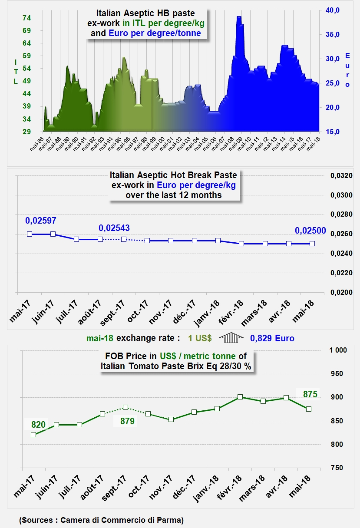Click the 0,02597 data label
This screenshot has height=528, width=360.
click(41, 221)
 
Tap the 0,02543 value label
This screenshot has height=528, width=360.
click(114, 228)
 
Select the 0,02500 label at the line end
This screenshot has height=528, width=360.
click(310, 231)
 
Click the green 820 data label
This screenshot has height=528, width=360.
click(38, 425)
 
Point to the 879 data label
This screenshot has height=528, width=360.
click(127, 421)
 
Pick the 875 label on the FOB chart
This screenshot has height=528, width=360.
click(310, 394)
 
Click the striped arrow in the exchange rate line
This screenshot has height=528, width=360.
click(231, 337)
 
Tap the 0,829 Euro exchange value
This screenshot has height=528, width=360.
click(272, 338)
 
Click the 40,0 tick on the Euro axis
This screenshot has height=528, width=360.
click(332, 10)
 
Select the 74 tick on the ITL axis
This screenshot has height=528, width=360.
click(26, 18)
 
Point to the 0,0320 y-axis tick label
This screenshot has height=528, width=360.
click(341, 175)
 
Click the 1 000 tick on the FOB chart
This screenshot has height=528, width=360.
click(338, 350)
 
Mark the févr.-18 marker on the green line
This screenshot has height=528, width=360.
click(240, 397)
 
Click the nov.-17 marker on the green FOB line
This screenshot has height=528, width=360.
click(171, 419)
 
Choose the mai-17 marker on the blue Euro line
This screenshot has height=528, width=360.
click(30, 234)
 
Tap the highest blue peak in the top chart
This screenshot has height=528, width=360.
click(239, 16)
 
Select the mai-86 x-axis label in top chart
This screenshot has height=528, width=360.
click(37, 144)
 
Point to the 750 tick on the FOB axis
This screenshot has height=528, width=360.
click(337, 468)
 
